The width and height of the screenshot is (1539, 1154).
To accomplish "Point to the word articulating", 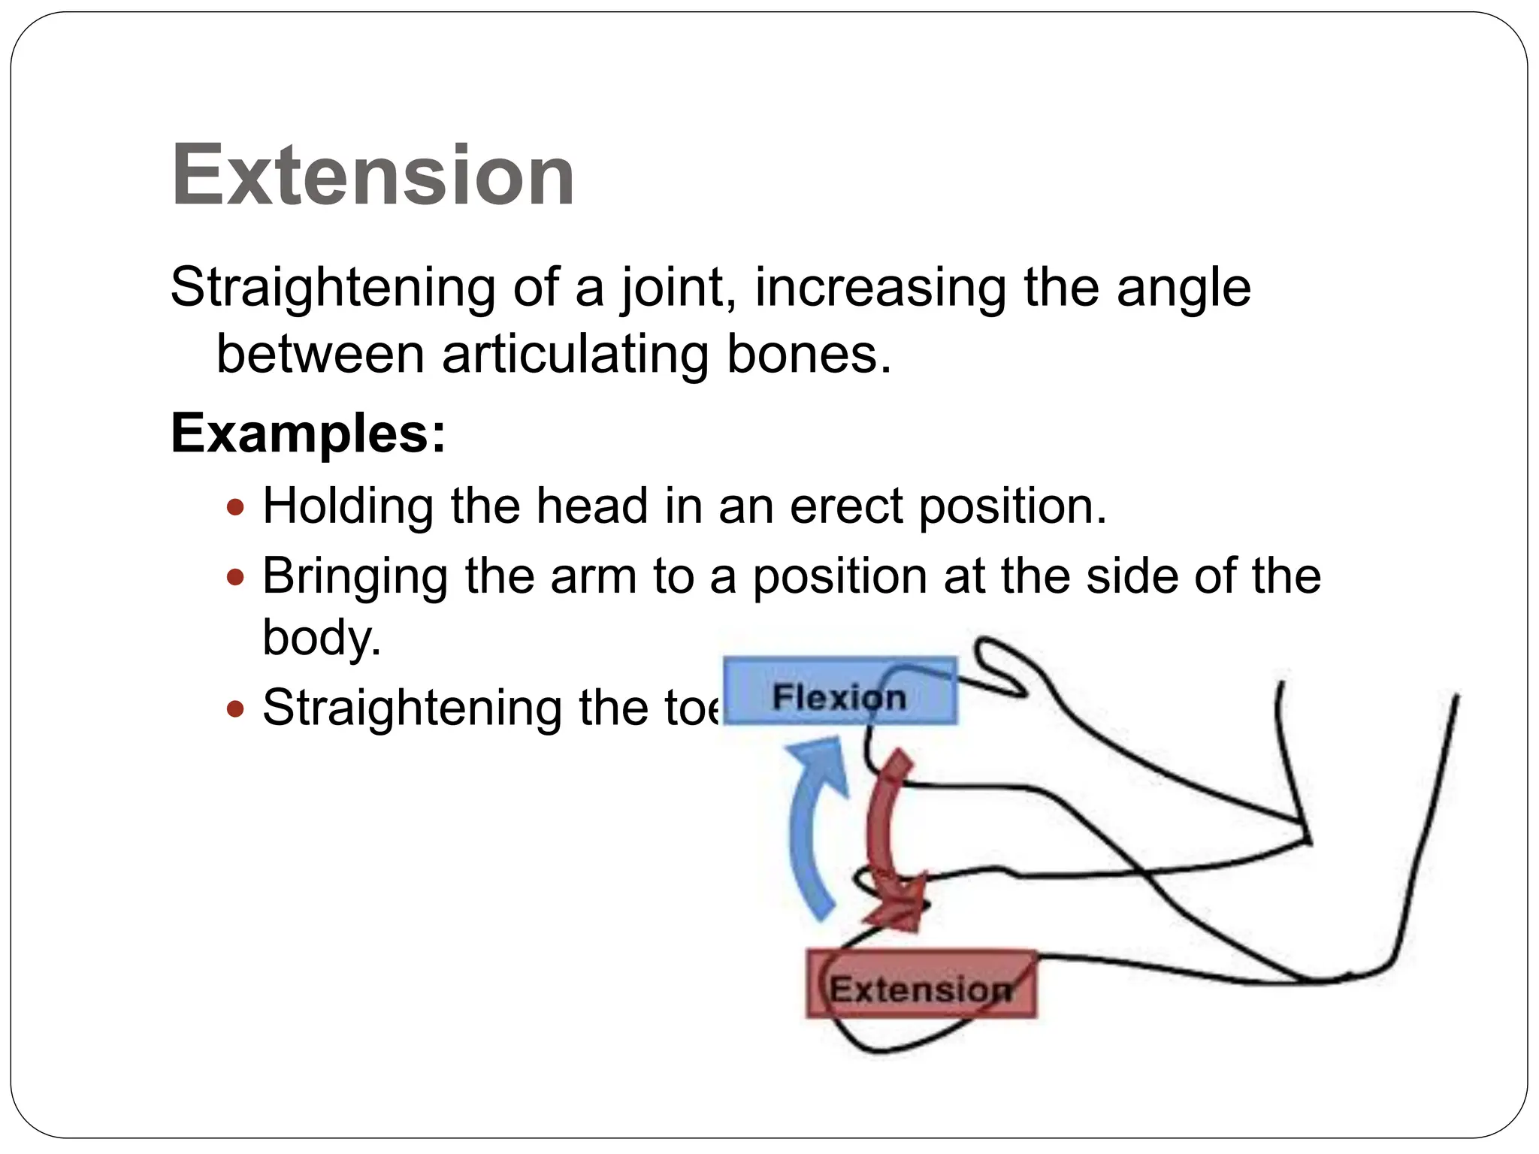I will click(575, 354).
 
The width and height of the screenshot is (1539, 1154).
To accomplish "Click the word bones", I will click(808, 354).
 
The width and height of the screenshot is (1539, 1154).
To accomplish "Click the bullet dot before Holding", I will click(236, 507).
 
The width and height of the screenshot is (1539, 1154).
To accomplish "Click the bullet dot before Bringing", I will click(236, 577).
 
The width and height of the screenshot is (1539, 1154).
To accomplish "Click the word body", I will click(322, 637).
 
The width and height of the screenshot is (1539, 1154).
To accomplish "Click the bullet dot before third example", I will click(236, 708).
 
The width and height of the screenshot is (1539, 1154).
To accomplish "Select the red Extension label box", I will click(921, 985).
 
